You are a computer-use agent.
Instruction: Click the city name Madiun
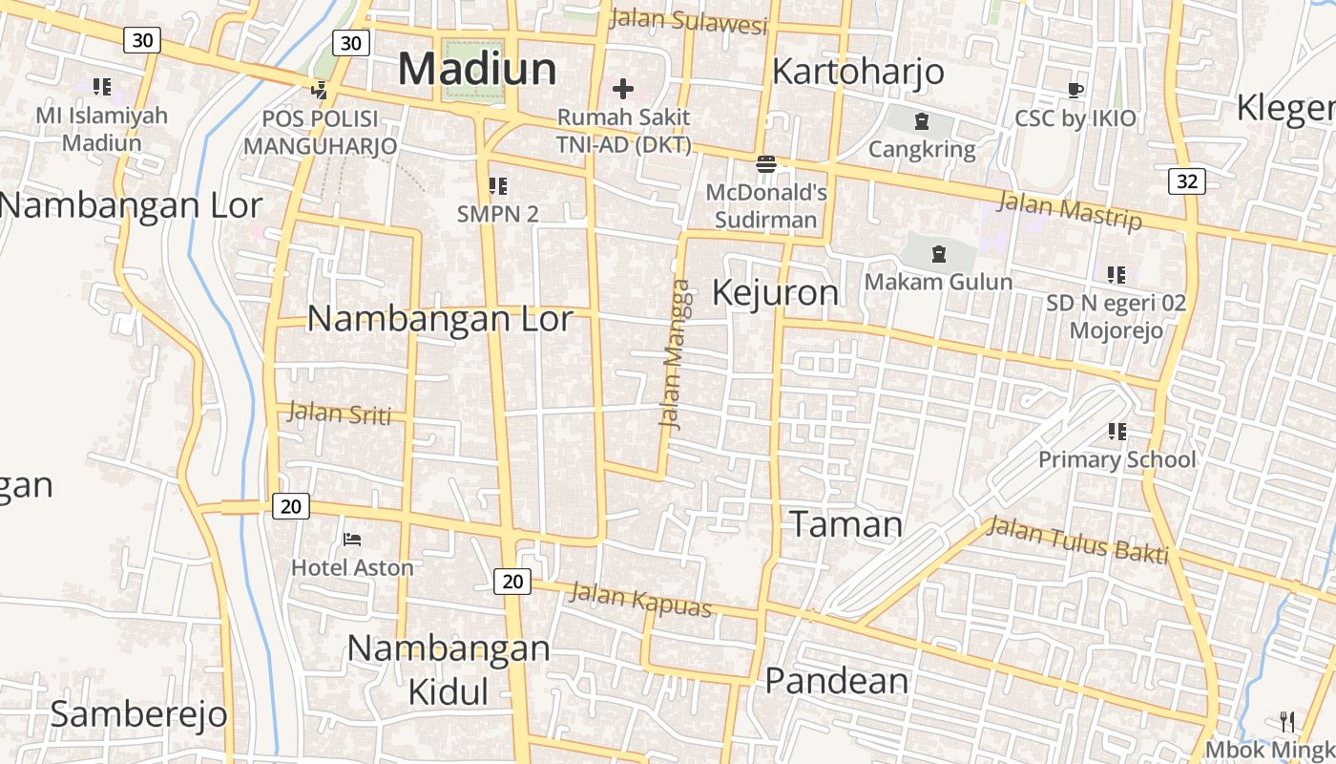477,69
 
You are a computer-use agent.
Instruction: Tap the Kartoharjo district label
857,72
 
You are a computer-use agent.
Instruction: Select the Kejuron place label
775,292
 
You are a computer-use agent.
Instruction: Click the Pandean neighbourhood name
837,681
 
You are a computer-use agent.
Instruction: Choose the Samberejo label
138,713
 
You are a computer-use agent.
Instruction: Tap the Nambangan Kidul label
448,669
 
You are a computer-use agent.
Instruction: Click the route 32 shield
1186,181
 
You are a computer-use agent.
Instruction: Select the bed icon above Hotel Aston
352,540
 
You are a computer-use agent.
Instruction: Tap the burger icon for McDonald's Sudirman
766,164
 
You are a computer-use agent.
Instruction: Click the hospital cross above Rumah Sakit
623,90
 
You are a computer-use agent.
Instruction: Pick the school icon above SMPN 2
497,186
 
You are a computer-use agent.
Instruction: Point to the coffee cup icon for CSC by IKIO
1075,91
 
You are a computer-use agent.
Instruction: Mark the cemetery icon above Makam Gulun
939,254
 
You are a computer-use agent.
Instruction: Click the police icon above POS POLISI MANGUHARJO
320,92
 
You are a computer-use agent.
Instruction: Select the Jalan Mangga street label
674,354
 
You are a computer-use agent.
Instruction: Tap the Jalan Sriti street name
340,413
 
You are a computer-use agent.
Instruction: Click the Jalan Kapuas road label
640,600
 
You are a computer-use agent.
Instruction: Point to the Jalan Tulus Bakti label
1077,540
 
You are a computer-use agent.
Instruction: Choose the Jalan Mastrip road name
1069,211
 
